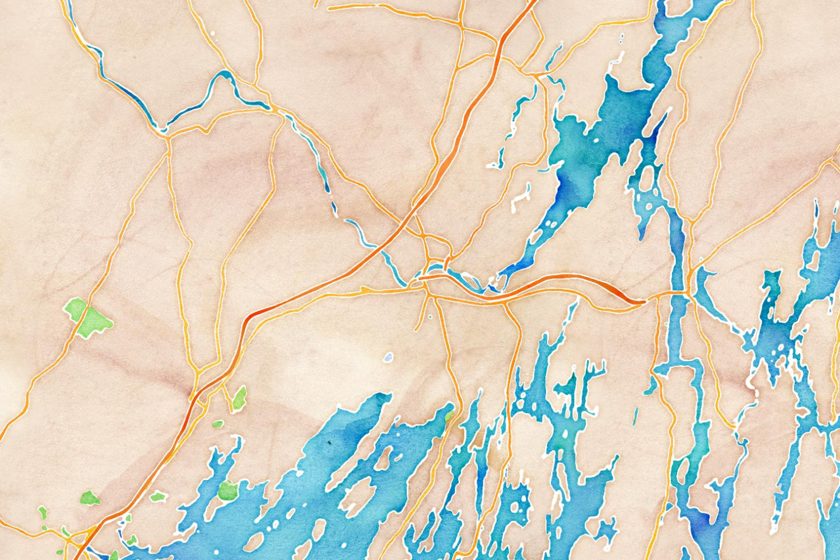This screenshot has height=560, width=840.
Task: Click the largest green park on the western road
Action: click(x=87, y=317)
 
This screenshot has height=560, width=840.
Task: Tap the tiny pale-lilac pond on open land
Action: click(x=389, y=356)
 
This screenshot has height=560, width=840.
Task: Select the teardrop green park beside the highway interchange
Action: click(x=239, y=398)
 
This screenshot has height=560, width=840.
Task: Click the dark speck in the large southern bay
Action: click(x=330, y=443)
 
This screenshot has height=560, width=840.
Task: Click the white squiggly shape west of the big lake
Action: click(x=521, y=197)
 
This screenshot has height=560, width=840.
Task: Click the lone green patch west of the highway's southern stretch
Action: click(x=90, y=497)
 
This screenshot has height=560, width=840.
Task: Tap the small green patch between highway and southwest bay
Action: click(x=158, y=496)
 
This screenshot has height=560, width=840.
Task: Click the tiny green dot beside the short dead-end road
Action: click(x=430, y=317)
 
